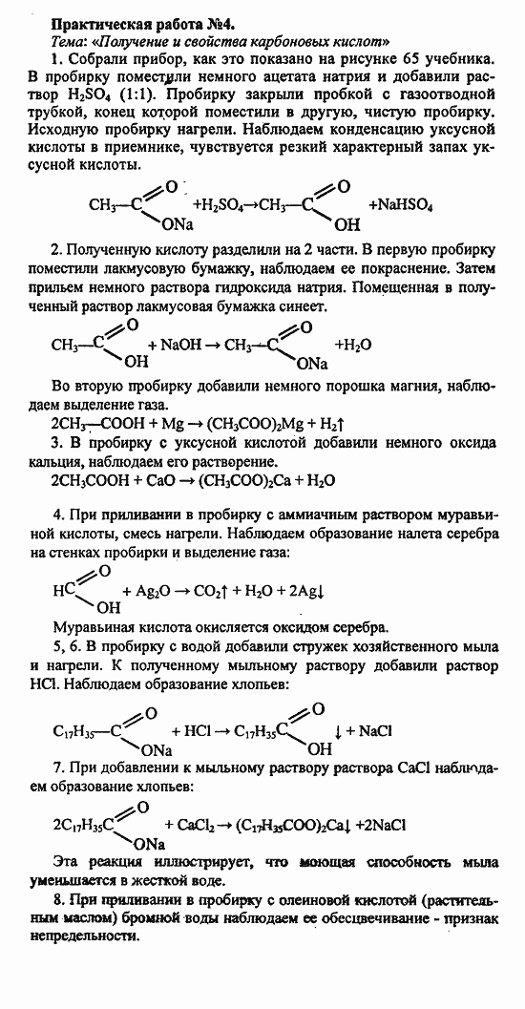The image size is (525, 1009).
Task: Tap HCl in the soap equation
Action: point(197,731)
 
